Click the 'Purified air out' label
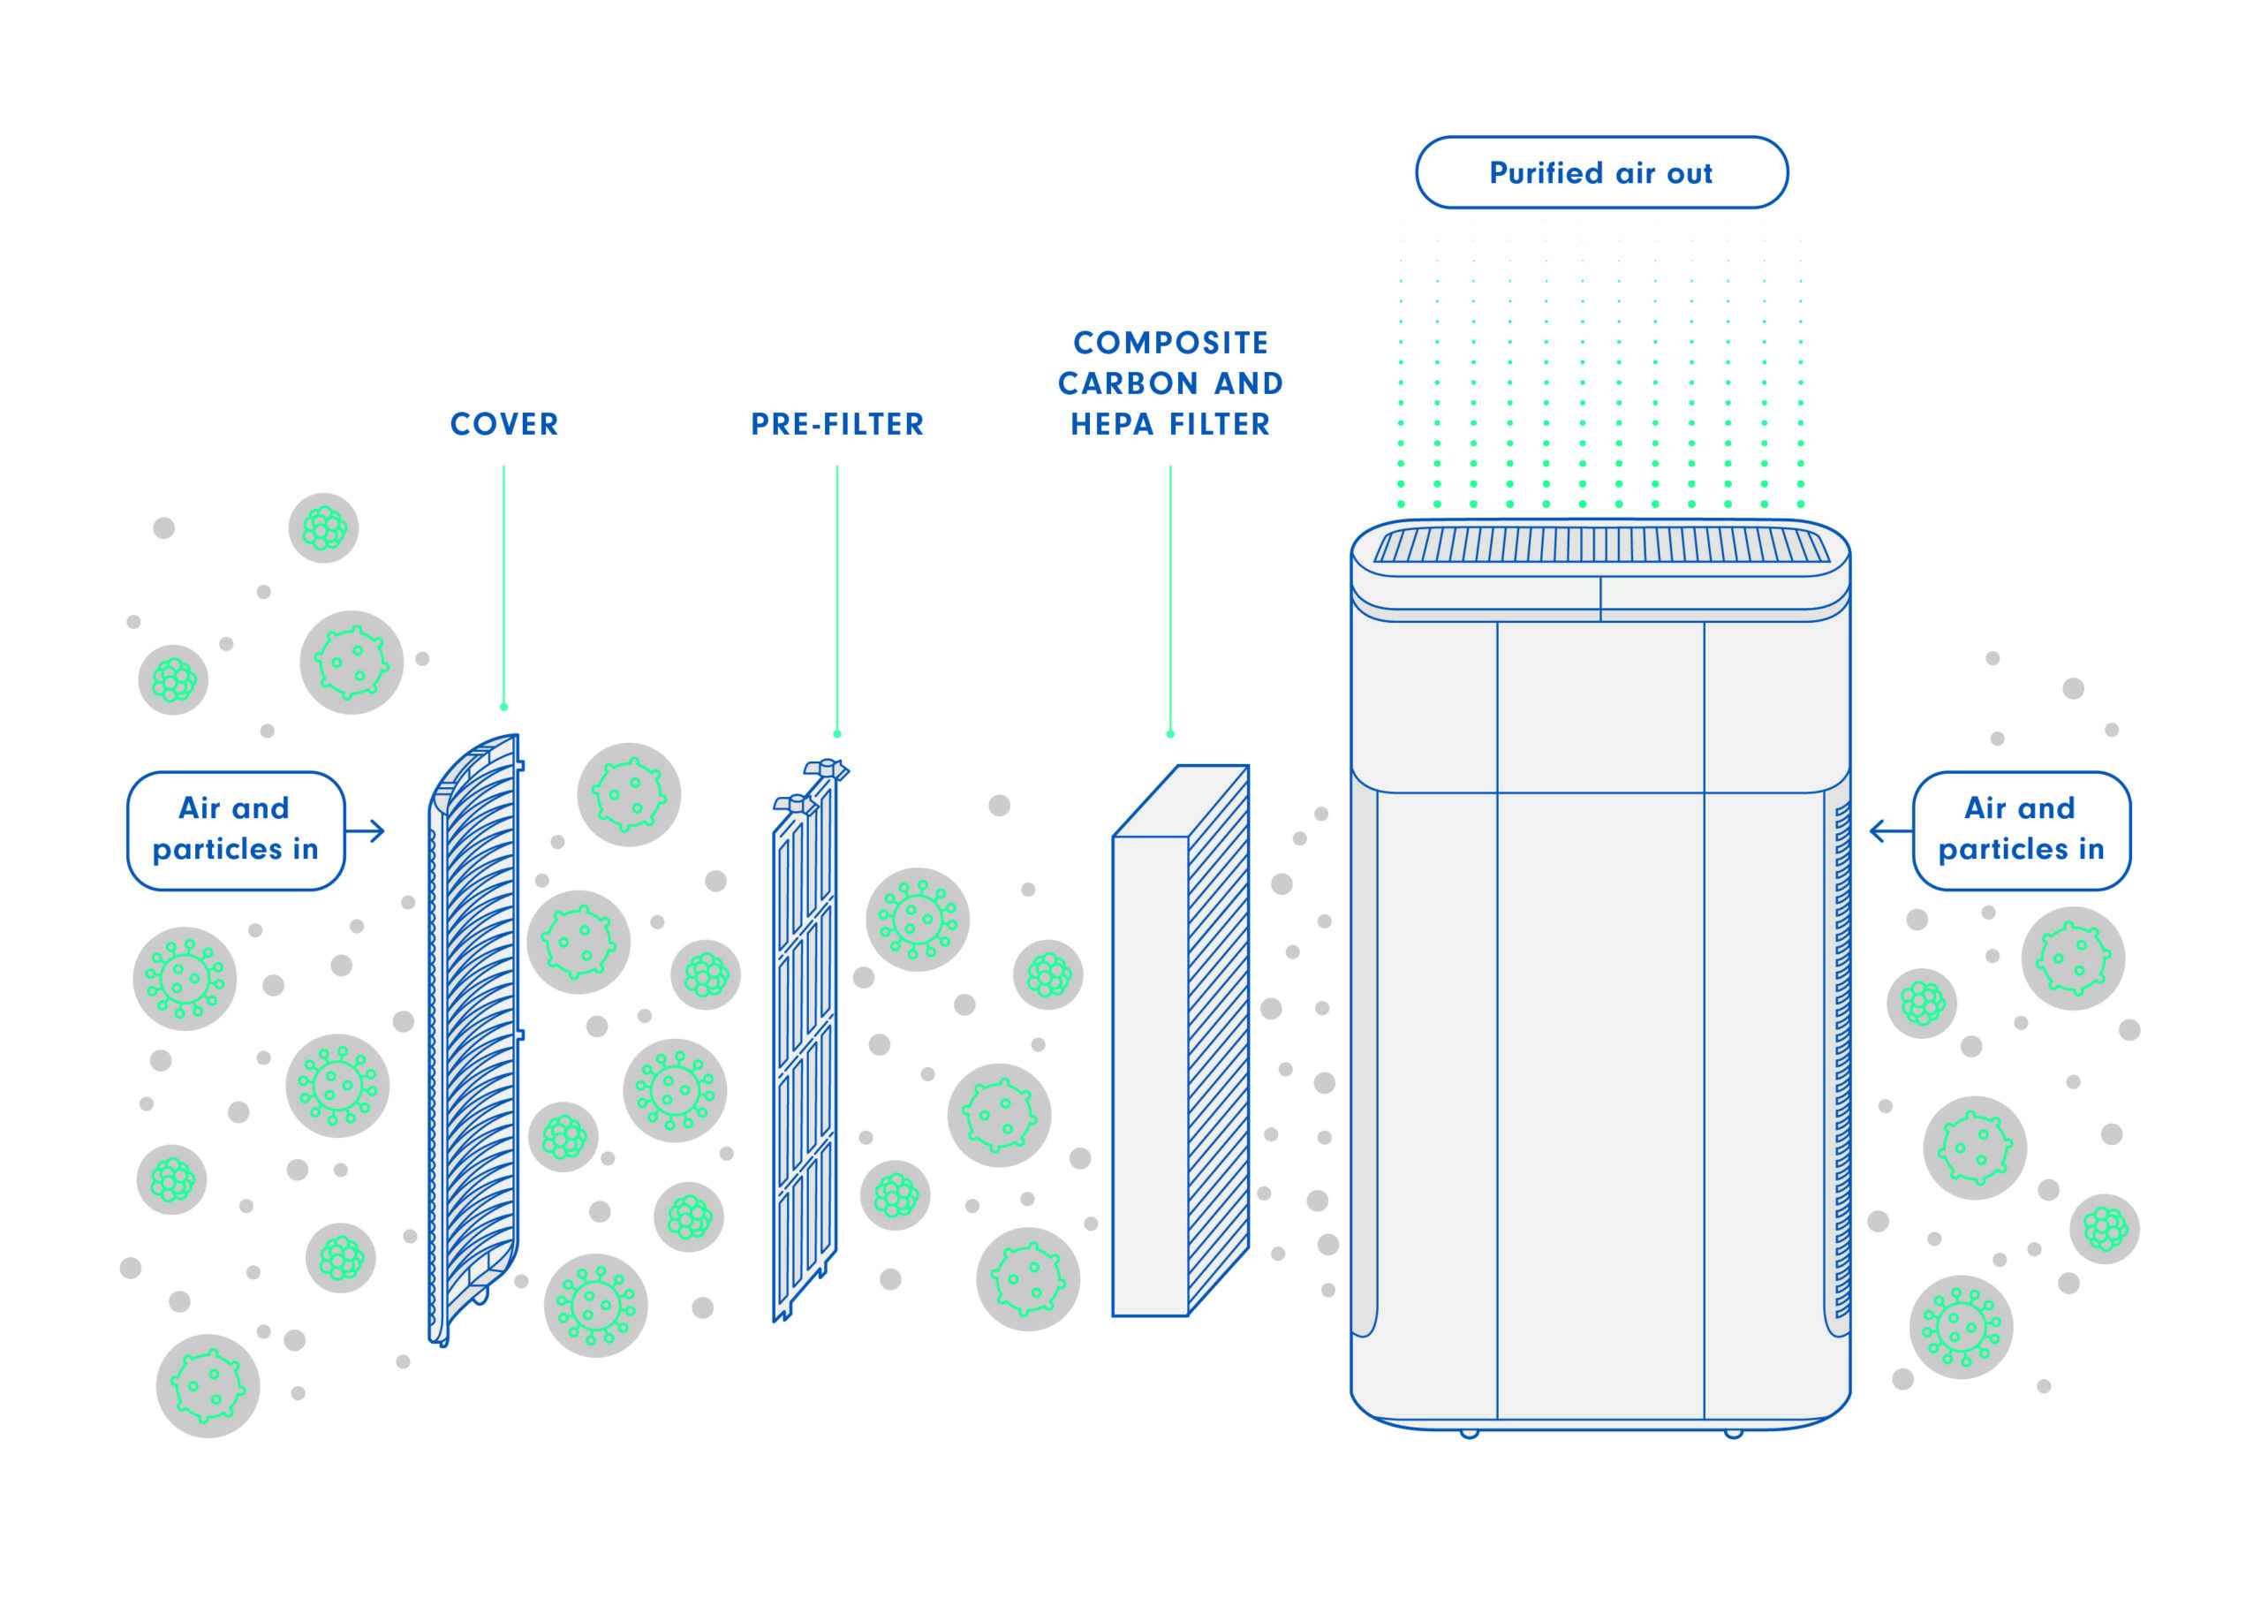pos(1600,172)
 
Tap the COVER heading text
pos(504,424)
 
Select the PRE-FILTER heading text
pos(837,424)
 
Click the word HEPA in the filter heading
pos(1112,424)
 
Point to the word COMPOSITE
pos(1171,343)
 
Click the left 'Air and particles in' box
pos(235,830)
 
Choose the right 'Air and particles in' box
pos(2021,830)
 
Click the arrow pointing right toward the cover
pos(367,830)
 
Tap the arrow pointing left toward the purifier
pos(1889,830)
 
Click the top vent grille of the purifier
pos(1600,545)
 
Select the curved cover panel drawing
pos(474,1034)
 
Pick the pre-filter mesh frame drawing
pos(805,1044)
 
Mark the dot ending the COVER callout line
pos(504,707)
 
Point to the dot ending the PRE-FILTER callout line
pos(837,734)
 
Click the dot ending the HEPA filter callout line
pos(1170,734)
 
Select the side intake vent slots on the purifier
pos(1841,1059)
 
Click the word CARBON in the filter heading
pos(1128,383)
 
